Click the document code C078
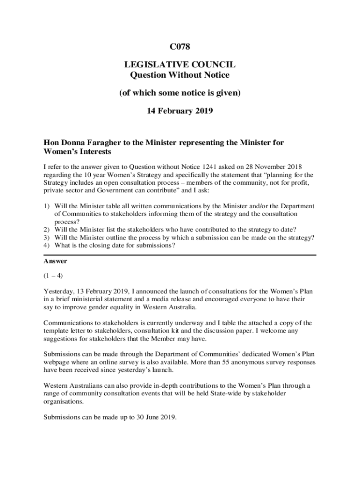[x=180, y=47]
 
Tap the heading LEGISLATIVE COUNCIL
[x=180, y=65]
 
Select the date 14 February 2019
[x=180, y=111]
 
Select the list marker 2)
[x=47, y=229]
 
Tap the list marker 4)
[x=47, y=245]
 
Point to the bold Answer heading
[x=55, y=261]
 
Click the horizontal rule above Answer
[x=180, y=254]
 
